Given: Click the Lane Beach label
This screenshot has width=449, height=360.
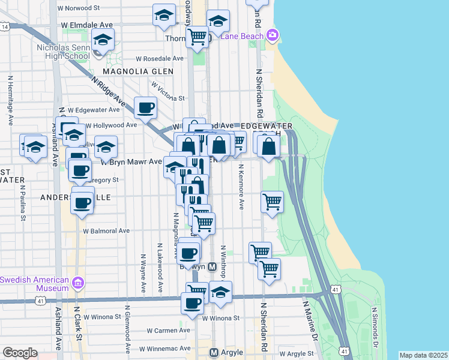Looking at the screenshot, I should click(243, 36).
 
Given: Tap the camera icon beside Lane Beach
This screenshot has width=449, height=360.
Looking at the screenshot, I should click(273, 35).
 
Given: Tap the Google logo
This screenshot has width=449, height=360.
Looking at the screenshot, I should click(20, 353).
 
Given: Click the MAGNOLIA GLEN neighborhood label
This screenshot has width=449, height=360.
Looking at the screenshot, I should click(137, 71).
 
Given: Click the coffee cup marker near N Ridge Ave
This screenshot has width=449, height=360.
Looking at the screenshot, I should click(145, 108).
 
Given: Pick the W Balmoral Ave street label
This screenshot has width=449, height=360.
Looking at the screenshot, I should click(106, 230).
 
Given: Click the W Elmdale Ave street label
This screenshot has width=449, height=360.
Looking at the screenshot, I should click(87, 25).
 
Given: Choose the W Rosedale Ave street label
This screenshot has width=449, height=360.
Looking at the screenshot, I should click(159, 59).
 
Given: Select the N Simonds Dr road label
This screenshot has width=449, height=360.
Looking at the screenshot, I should click(374, 328).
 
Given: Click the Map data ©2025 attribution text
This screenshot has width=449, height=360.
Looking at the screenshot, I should click(423, 355).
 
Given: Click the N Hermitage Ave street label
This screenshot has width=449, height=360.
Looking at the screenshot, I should click(10, 100).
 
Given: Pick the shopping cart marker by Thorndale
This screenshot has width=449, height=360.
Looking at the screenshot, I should click(197, 37).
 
